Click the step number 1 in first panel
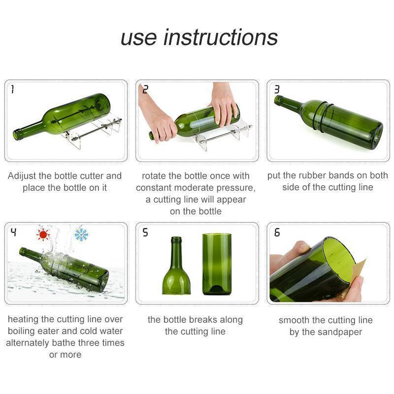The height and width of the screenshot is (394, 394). (12, 89)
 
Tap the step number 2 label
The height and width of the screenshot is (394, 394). (145, 89)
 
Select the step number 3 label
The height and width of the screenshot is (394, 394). (277, 89)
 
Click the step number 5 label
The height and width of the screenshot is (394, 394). (145, 232)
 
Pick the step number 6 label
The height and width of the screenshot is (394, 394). (277, 232)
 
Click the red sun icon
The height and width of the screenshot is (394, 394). (43, 234)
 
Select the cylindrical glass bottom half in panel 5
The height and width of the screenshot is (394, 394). (217, 264)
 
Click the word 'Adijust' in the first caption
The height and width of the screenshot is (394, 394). (23, 176)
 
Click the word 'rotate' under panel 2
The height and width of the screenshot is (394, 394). (154, 176)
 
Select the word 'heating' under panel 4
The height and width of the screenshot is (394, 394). (24, 320)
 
